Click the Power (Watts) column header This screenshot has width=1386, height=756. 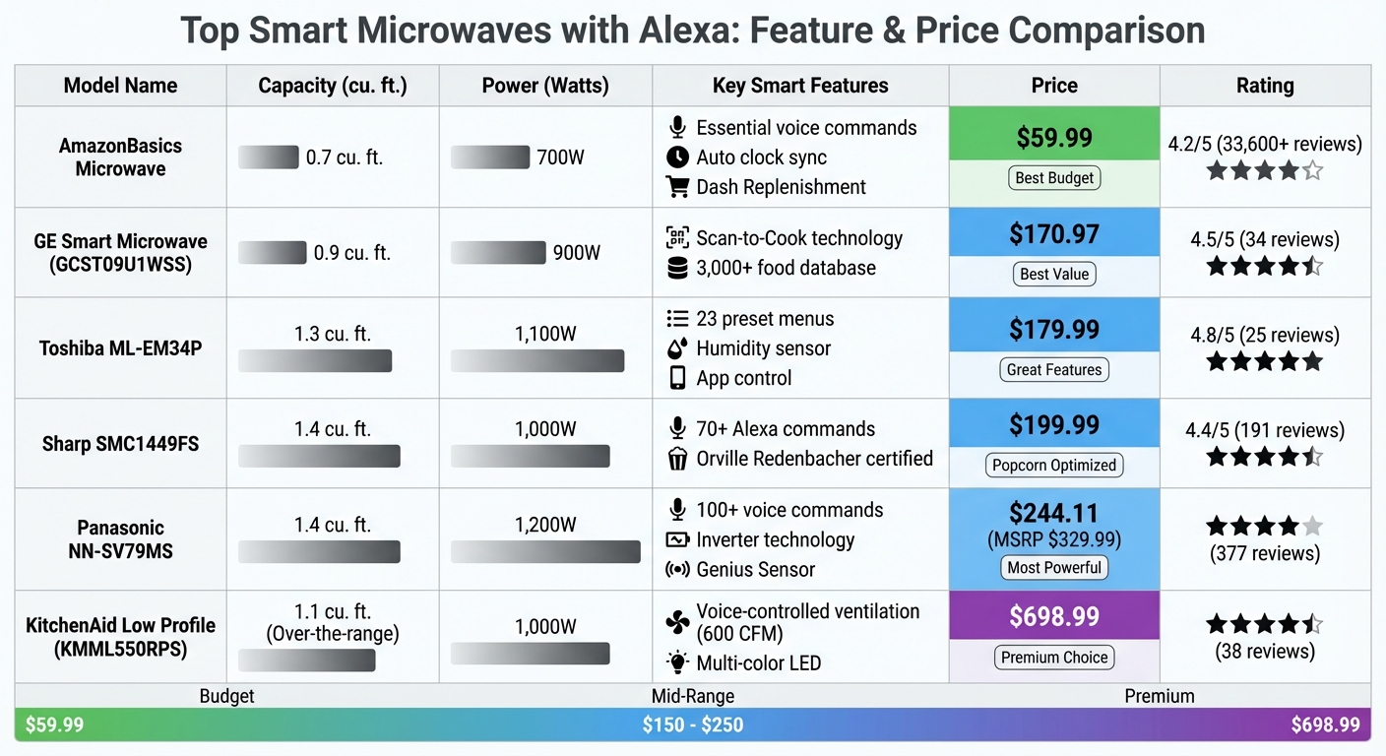click(545, 86)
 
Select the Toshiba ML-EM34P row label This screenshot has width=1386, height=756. click(120, 347)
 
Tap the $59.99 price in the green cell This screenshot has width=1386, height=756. click(1054, 137)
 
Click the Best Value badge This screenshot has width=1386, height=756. click(1054, 274)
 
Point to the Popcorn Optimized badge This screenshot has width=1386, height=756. click(1054, 465)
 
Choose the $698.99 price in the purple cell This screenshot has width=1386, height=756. click(1054, 616)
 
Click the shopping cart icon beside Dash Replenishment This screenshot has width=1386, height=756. click(676, 186)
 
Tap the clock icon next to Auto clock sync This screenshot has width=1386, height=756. click(676, 157)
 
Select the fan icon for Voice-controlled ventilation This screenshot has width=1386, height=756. click(677, 622)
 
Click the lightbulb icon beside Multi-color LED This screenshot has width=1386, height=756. click(677, 662)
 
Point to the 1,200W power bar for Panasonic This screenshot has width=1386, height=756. click(545, 551)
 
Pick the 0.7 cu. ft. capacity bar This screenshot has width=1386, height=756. click(268, 157)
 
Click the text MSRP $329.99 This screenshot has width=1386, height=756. click(1054, 540)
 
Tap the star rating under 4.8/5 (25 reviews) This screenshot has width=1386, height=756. click(1265, 361)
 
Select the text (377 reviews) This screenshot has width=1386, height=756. click(1265, 553)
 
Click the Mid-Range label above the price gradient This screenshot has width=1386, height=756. click(692, 696)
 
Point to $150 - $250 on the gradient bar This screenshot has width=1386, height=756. click(692, 725)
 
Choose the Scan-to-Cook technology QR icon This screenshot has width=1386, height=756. click(676, 237)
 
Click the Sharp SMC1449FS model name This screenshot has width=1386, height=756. click(120, 444)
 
